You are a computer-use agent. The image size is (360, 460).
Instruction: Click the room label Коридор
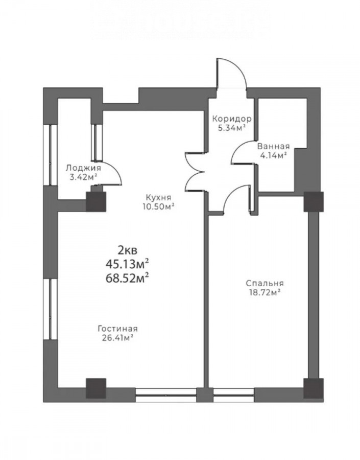(232, 119)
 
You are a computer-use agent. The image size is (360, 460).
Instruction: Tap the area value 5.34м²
(232, 128)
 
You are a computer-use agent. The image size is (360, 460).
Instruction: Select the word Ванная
(273, 146)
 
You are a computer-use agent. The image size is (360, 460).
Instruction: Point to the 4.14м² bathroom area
(273, 155)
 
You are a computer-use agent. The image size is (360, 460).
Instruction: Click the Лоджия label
(83, 168)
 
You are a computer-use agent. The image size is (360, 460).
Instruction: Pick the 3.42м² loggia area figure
(83, 177)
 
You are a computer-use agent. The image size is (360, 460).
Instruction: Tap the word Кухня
(158, 197)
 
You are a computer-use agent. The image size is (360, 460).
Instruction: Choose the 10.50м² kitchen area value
(158, 206)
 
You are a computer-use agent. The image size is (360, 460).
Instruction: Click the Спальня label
(265, 283)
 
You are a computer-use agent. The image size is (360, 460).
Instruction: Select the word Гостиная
(117, 329)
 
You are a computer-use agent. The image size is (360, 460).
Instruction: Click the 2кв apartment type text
(127, 250)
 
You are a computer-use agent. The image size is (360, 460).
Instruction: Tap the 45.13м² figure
(127, 264)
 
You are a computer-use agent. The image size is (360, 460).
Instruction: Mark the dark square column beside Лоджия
(96, 201)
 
